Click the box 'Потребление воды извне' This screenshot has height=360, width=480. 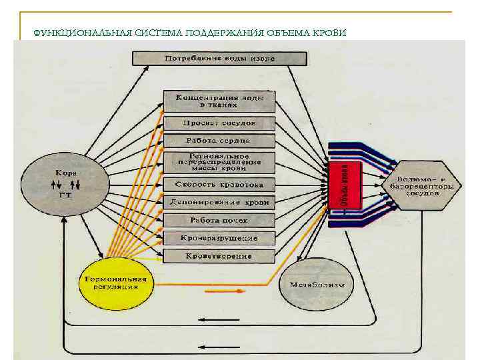[x=219, y=59]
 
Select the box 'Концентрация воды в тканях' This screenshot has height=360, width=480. [x=219, y=101]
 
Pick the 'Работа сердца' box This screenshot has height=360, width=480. [x=219, y=141]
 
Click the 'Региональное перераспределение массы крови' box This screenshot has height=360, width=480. [x=219, y=163]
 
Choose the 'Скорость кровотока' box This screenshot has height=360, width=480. [x=219, y=185]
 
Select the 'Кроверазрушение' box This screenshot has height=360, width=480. [x=219, y=238]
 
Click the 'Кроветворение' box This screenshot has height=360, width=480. [x=219, y=256]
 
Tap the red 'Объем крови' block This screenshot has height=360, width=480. [x=344, y=184]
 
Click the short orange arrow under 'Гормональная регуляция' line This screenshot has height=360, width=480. [x=219, y=291]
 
